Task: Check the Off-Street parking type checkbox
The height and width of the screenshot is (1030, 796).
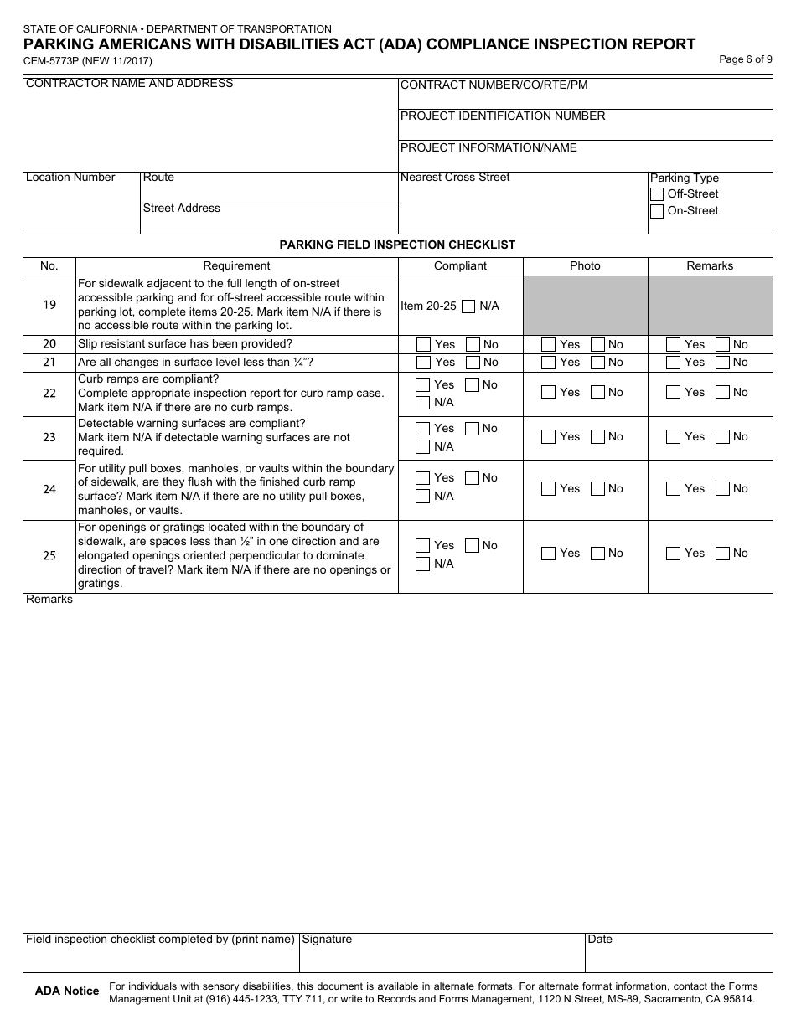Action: pyautogui.click(x=657, y=194)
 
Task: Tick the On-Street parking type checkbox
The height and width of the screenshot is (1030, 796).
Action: pyautogui.click(x=657, y=212)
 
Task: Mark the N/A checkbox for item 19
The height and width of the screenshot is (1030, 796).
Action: pyautogui.click(x=469, y=306)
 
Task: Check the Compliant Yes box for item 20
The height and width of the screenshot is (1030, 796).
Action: pyautogui.click(x=424, y=344)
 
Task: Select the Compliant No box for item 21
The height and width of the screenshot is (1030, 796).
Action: pyautogui.click(x=473, y=363)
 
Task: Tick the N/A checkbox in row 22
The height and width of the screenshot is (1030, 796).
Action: pyautogui.click(x=424, y=403)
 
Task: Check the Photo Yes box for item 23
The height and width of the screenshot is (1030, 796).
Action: pyautogui.click(x=548, y=437)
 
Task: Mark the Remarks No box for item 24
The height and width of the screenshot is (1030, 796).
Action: pyautogui.click(x=722, y=489)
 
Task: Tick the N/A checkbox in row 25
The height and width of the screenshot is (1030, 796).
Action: pyautogui.click(x=424, y=564)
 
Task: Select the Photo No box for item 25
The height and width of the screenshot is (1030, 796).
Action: pyautogui.click(x=597, y=554)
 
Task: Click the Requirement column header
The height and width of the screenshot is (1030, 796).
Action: pyautogui.click(x=236, y=266)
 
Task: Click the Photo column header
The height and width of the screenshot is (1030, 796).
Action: pyautogui.click(x=585, y=266)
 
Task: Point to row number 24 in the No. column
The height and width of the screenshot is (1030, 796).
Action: pyautogui.click(x=49, y=490)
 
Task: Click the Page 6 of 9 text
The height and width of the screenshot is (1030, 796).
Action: pyautogui.click(x=746, y=59)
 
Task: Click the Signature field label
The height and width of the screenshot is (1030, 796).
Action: pyautogui.click(x=327, y=940)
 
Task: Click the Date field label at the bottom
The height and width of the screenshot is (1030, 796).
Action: pyautogui.click(x=600, y=940)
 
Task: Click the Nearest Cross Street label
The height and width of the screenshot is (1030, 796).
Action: pyautogui.click(x=455, y=178)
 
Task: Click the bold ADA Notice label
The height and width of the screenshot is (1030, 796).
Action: pyautogui.click(x=67, y=991)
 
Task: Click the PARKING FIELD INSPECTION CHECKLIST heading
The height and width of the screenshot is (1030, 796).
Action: pyautogui.click(x=397, y=245)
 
